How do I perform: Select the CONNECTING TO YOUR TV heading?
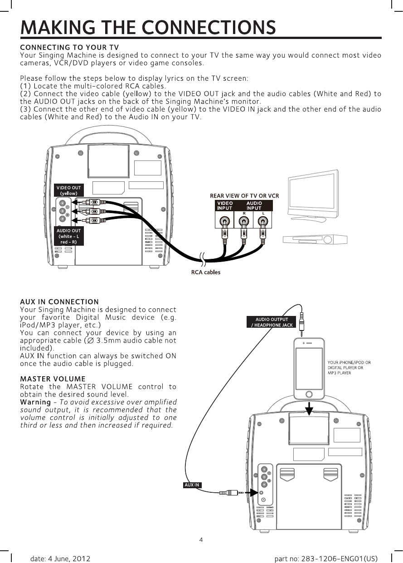point(69,47)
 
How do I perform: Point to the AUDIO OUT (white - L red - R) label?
point(69,236)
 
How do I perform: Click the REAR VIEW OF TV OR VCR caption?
point(244,195)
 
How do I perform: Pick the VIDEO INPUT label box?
point(224,206)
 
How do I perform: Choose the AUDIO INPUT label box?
point(254,206)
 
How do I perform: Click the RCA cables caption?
point(205,272)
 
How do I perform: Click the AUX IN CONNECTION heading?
point(59,301)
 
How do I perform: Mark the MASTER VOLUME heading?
point(53,379)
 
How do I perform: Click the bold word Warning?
point(35,402)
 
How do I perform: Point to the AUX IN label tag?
point(192,485)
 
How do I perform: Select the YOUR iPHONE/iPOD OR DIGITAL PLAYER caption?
point(349,368)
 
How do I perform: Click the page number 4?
point(201,539)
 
